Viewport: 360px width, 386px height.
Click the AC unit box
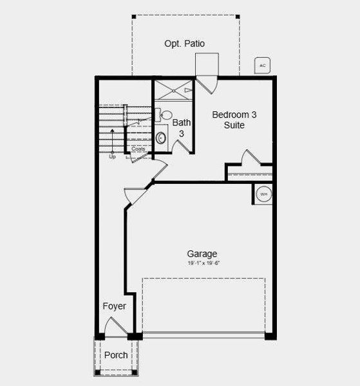point(261,66)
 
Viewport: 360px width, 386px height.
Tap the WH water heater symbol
point(263,193)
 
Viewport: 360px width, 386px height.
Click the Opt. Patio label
point(185,44)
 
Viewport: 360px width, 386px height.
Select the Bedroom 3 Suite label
point(234,120)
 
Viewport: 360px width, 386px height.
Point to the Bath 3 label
point(182,127)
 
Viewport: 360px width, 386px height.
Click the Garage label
point(202,253)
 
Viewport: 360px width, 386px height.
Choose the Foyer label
point(114,306)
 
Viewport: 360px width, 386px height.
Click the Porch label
point(116,355)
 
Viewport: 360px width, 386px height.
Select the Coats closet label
point(138,149)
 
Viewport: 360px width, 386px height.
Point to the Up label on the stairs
point(112,156)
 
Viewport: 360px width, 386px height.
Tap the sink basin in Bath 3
point(161,138)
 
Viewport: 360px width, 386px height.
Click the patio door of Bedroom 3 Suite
point(207,82)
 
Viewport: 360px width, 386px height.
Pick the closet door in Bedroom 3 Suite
point(249,158)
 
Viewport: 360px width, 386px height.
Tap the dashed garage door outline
point(204,305)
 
